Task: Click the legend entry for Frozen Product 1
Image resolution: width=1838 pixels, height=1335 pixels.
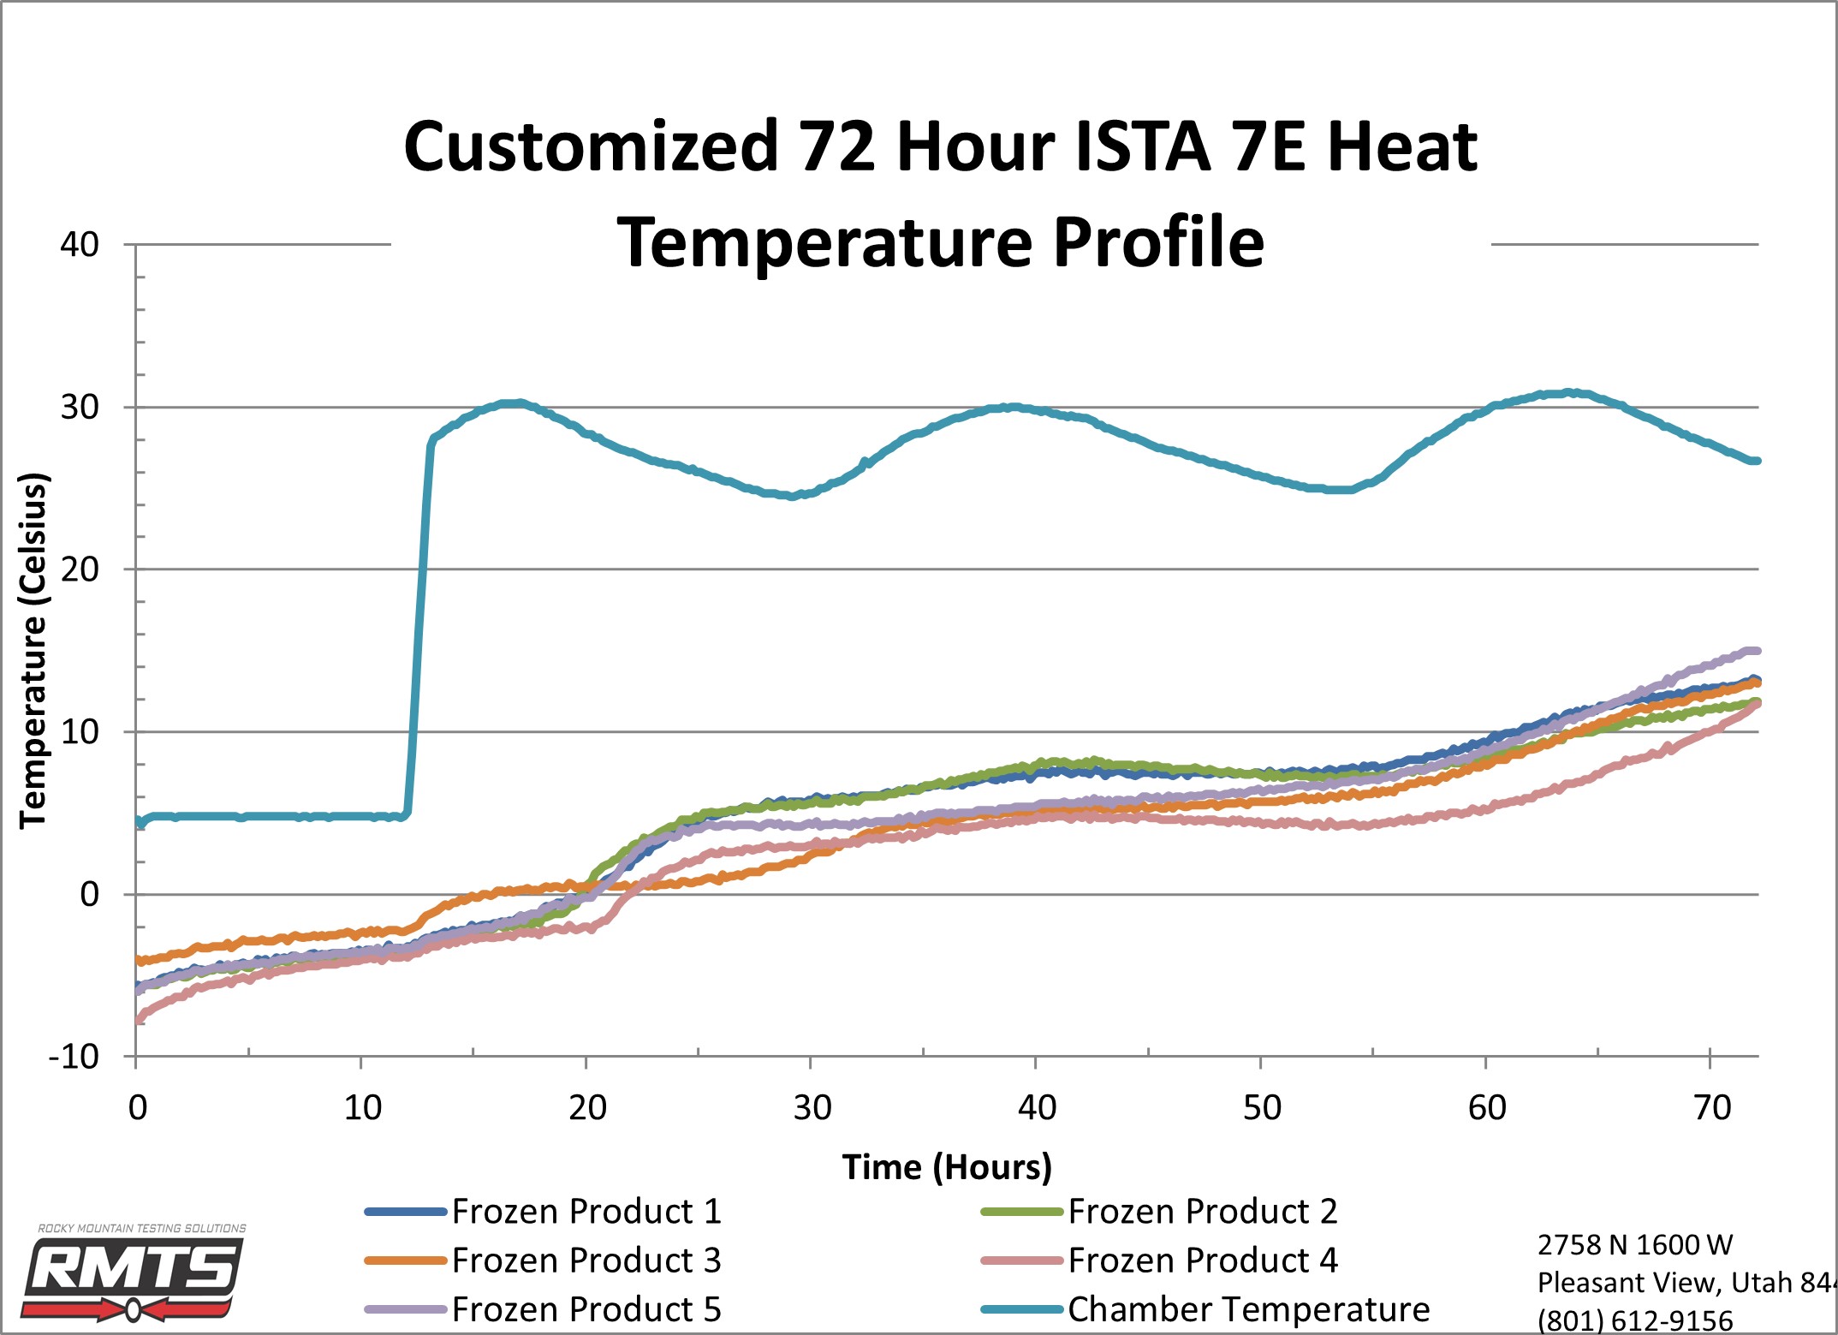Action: pos(544,1212)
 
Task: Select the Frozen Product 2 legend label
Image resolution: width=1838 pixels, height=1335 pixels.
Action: pos(1159,1212)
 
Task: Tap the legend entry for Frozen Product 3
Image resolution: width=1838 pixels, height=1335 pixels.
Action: pos(544,1261)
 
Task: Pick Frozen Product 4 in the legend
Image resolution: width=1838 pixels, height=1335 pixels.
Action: pos(1159,1261)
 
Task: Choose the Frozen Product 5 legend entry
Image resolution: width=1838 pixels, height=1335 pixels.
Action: pos(544,1309)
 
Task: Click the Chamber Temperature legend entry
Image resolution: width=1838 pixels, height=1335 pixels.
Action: pos(1205,1309)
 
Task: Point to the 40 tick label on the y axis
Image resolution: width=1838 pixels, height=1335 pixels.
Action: pos(80,245)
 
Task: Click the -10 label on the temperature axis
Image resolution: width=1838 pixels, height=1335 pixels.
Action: pos(74,1057)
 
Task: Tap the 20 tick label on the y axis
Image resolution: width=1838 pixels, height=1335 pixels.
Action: pos(80,569)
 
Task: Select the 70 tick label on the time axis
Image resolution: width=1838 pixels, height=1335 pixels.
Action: pos(1712,1108)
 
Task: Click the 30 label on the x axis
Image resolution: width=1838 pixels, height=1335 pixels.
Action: pos(812,1108)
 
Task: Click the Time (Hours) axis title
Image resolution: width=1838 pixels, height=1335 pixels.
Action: pos(947,1167)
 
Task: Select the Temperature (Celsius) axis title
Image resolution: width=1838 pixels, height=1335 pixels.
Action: pos(33,651)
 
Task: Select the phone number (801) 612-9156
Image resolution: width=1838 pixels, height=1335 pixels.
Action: pos(1635,1320)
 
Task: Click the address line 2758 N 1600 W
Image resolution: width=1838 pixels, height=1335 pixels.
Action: pos(1634,1244)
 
